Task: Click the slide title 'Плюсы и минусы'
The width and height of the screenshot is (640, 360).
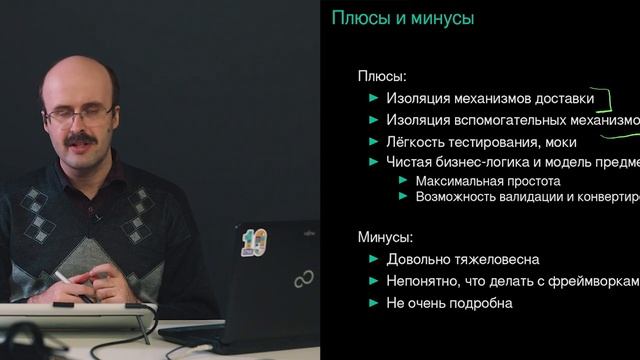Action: [x=402, y=18]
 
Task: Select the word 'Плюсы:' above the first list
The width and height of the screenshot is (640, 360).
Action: [x=380, y=76]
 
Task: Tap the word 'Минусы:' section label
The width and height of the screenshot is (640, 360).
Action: [x=385, y=237]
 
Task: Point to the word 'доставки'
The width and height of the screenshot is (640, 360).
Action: [x=563, y=99]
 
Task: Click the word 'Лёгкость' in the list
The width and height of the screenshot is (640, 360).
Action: [x=414, y=141]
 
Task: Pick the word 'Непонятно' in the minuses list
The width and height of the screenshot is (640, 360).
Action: [x=421, y=281]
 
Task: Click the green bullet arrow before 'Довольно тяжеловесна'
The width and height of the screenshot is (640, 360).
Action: [x=374, y=259]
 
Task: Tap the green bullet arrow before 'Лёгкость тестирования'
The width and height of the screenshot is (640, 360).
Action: [x=374, y=141]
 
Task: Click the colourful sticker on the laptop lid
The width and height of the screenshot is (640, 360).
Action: [x=254, y=241]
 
